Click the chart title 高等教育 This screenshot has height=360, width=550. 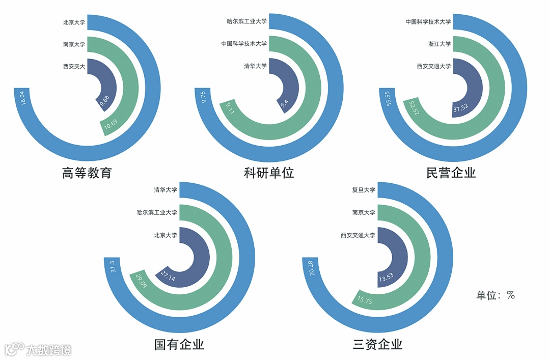87,173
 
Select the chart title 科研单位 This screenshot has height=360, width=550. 269,173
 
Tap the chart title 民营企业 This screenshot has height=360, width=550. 451,173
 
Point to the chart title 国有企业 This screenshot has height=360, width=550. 179,345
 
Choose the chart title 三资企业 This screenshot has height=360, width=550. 377,345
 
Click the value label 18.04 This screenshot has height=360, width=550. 22,98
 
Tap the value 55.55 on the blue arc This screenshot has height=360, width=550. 388,98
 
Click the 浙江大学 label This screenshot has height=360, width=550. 439,44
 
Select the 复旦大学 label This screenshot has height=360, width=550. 364,190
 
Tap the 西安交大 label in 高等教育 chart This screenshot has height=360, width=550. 74,66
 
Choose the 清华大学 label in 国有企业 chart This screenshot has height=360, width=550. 166,190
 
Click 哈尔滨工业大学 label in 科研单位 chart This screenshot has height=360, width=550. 246,22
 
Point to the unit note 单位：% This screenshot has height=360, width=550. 495,295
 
